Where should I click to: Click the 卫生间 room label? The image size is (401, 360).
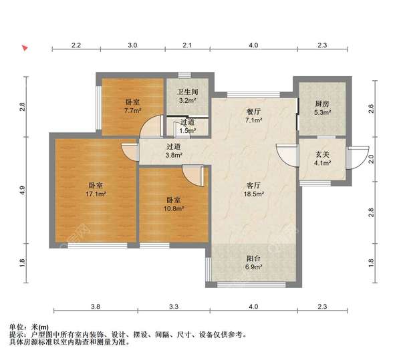(188, 92)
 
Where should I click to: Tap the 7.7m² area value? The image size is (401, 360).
(133, 111)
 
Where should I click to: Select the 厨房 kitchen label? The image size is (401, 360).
(322, 104)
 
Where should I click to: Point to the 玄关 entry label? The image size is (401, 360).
(322, 154)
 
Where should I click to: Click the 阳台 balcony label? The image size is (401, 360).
(253, 258)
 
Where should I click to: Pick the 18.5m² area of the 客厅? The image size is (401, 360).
(254, 194)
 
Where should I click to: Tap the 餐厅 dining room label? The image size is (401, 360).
(253, 112)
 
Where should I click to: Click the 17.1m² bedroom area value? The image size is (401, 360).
(96, 194)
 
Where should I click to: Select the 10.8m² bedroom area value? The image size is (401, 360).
(174, 209)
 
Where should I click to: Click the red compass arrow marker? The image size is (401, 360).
(25, 48)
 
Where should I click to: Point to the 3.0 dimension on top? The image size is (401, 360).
(132, 45)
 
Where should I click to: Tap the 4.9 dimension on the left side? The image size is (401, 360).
(23, 190)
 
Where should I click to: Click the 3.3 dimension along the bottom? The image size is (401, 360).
(174, 307)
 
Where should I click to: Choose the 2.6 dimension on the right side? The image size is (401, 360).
(371, 109)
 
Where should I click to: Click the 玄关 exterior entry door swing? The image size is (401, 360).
(358, 158)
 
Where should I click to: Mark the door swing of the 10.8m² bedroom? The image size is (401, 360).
(193, 176)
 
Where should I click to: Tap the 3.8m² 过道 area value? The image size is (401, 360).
(174, 155)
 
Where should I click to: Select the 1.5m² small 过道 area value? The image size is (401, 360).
(188, 130)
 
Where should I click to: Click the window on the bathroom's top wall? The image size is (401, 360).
(184, 75)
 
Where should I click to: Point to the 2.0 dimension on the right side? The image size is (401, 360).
(371, 159)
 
